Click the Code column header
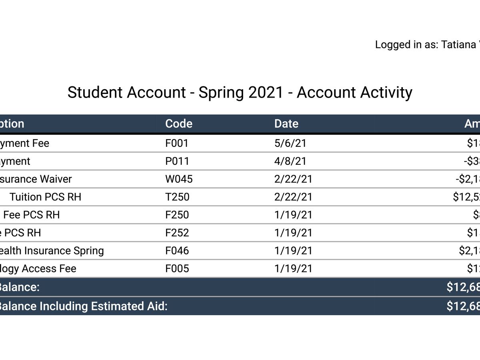click(179, 124)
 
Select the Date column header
click(286, 124)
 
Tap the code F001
click(176, 143)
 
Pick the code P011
click(177, 161)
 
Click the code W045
click(179, 179)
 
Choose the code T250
click(177, 197)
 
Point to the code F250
click(177, 215)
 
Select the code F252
click(177, 233)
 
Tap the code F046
click(177, 251)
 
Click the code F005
click(177, 268)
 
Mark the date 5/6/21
click(290, 143)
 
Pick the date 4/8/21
click(290, 161)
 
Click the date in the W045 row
click(293, 179)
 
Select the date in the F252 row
click(293, 233)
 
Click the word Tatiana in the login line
click(458, 45)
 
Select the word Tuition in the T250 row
click(26, 197)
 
